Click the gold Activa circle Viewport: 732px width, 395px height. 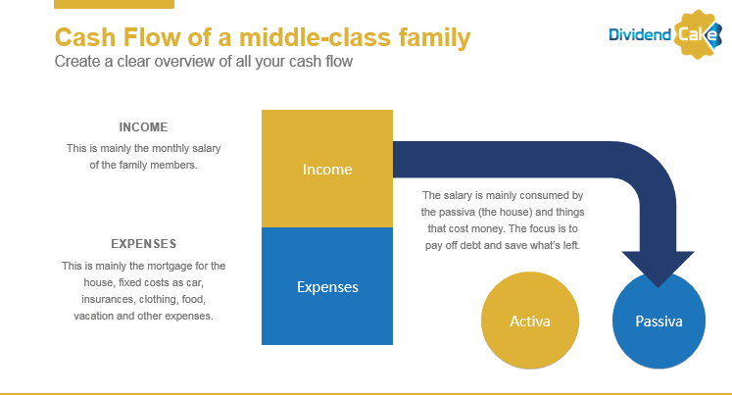(x=530, y=321)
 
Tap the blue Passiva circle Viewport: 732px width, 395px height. (x=659, y=321)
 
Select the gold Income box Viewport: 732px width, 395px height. (x=327, y=169)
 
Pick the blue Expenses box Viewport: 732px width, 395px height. (x=327, y=286)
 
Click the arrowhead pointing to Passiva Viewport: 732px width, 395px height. (x=658, y=268)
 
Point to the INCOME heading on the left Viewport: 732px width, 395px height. (x=143, y=127)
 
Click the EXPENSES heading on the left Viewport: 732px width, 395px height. (x=144, y=244)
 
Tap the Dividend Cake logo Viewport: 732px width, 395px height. (x=665, y=34)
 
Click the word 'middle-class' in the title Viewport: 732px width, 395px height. (x=316, y=37)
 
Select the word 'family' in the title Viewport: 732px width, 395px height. (x=435, y=38)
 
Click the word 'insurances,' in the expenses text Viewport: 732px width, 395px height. (x=109, y=299)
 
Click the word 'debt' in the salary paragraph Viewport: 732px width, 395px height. (x=470, y=245)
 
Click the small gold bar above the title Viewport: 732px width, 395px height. (x=115, y=4)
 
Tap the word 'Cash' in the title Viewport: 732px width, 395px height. (x=85, y=37)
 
